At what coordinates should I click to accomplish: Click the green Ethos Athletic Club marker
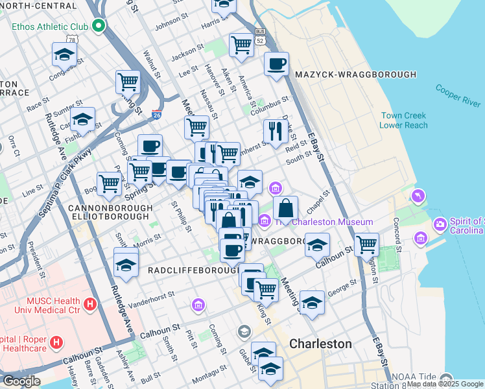(x=99, y=27)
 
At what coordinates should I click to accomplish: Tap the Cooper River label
(x=458, y=95)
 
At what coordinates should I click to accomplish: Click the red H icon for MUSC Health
(x=90, y=303)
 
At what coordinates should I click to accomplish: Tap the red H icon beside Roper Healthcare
(x=57, y=341)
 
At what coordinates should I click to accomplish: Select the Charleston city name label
(x=320, y=344)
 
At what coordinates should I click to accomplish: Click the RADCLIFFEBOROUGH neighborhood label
(x=192, y=269)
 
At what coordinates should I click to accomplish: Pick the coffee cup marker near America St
(x=276, y=64)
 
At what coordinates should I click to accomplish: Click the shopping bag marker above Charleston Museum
(x=285, y=208)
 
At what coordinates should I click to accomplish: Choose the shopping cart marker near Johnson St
(x=241, y=45)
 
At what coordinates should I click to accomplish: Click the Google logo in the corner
(x=21, y=381)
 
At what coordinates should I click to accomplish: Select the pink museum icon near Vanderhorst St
(x=198, y=304)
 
